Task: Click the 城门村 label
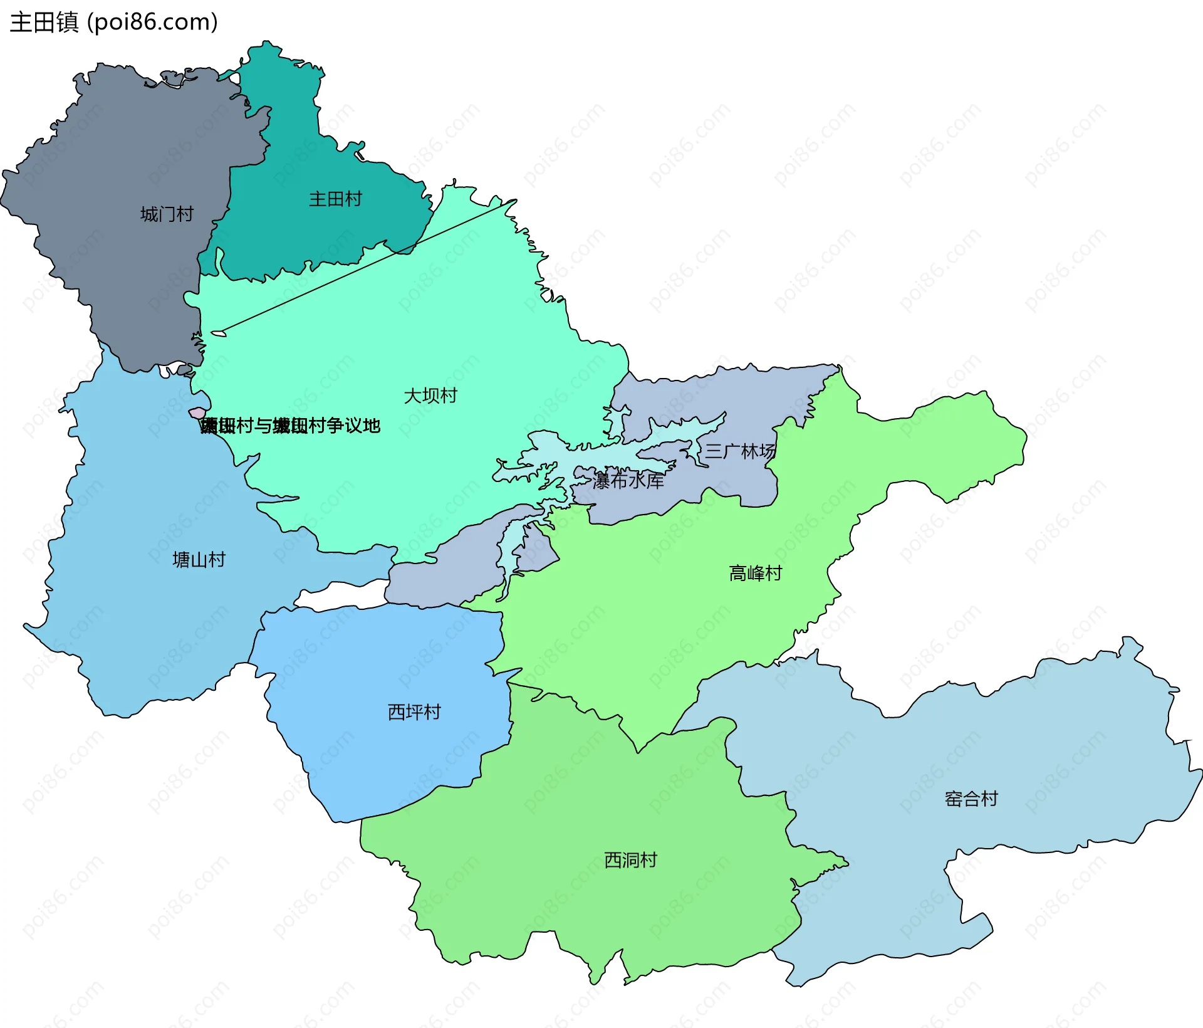click(167, 214)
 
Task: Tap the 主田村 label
click(335, 199)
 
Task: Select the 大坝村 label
click(430, 396)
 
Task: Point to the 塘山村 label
click(199, 560)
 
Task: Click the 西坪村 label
click(414, 712)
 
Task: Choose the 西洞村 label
click(630, 860)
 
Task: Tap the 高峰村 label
click(756, 573)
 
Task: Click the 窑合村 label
click(971, 799)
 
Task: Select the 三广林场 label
click(741, 451)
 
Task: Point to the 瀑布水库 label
click(628, 481)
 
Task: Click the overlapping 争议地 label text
click(290, 426)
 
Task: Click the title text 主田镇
click(44, 22)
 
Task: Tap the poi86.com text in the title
click(152, 22)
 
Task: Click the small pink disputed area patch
click(197, 413)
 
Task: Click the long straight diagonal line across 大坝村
click(370, 265)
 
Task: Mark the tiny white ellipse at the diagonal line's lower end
click(218, 333)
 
